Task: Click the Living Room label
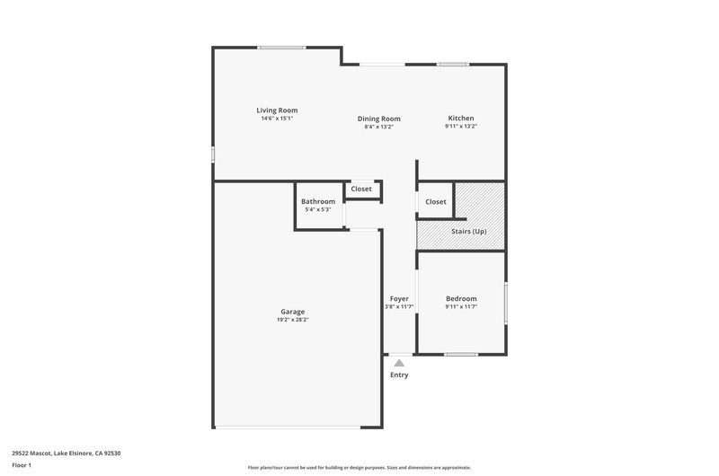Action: (277, 110)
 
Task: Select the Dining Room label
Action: (378, 119)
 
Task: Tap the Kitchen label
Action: (461, 119)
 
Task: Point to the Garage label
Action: (293, 312)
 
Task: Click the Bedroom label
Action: (461, 299)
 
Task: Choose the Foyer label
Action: (399, 299)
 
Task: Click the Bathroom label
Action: (318, 201)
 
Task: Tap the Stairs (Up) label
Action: (468, 232)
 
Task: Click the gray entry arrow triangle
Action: (399, 364)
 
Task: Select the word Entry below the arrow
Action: (399, 375)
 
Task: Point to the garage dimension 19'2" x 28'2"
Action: (293, 320)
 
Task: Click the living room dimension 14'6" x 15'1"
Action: (277, 119)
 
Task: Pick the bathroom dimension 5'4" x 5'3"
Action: (318, 209)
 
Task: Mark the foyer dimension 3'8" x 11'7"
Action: (399, 306)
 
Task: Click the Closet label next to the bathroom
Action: (361, 189)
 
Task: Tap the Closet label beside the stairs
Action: (436, 201)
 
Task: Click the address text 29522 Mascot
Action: (31, 453)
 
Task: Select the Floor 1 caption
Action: (22, 465)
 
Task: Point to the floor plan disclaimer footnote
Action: (359, 468)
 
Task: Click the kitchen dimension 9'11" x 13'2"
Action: (461, 126)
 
